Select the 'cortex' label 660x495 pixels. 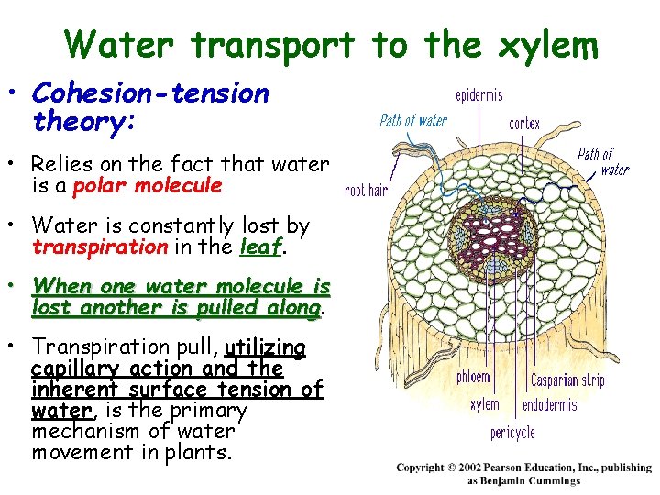point(524,124)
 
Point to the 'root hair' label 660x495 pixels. point(366,190)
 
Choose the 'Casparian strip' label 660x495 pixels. point(567,379)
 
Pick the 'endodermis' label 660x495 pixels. point(550,404)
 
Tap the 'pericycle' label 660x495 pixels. point(512,431)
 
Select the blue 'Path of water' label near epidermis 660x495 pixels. point(413,121)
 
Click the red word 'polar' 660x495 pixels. point(101,186)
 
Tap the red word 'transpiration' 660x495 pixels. point(99,247)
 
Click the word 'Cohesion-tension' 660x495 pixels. point(150,93)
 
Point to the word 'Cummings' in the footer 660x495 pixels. point(552,480)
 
